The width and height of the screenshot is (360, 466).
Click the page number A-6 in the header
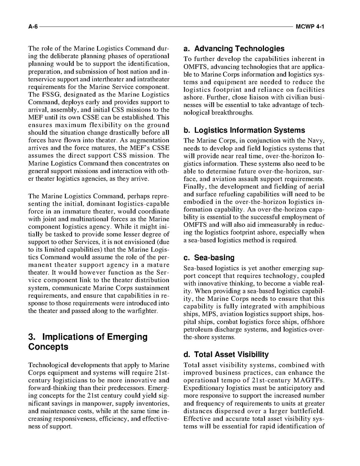pos(33,27)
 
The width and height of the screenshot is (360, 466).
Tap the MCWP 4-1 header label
pos(310,27)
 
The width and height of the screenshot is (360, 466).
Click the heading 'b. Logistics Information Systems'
pos(244,130)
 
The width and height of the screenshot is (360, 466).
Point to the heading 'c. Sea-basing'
pos(209,258)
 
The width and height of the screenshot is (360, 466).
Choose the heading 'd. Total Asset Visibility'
pos(226,354)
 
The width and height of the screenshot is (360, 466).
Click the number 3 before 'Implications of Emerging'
pos(31,337)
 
